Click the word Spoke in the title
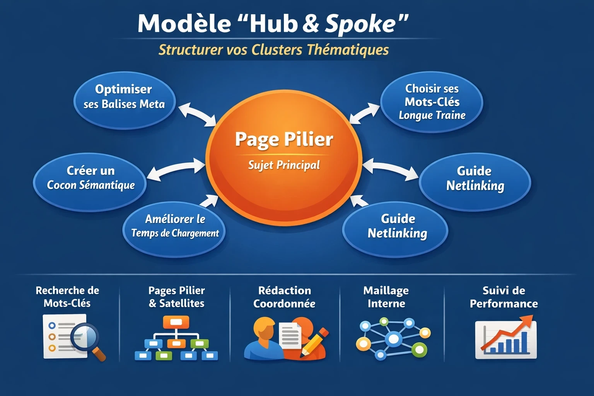(x=360, y=24)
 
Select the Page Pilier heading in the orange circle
(x=284, y=139)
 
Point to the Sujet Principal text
(x=284, y=165)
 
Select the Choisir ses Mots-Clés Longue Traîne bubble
(x=432, y=102)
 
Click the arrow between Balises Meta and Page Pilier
(x=197, y=115)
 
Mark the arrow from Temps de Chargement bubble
(x=209, y=201)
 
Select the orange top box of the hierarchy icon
(x=176, y=322)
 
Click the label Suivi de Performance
(x=504, y=297)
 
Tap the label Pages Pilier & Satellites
(x=176, y=297)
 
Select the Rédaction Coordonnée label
(x=284, y=297)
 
